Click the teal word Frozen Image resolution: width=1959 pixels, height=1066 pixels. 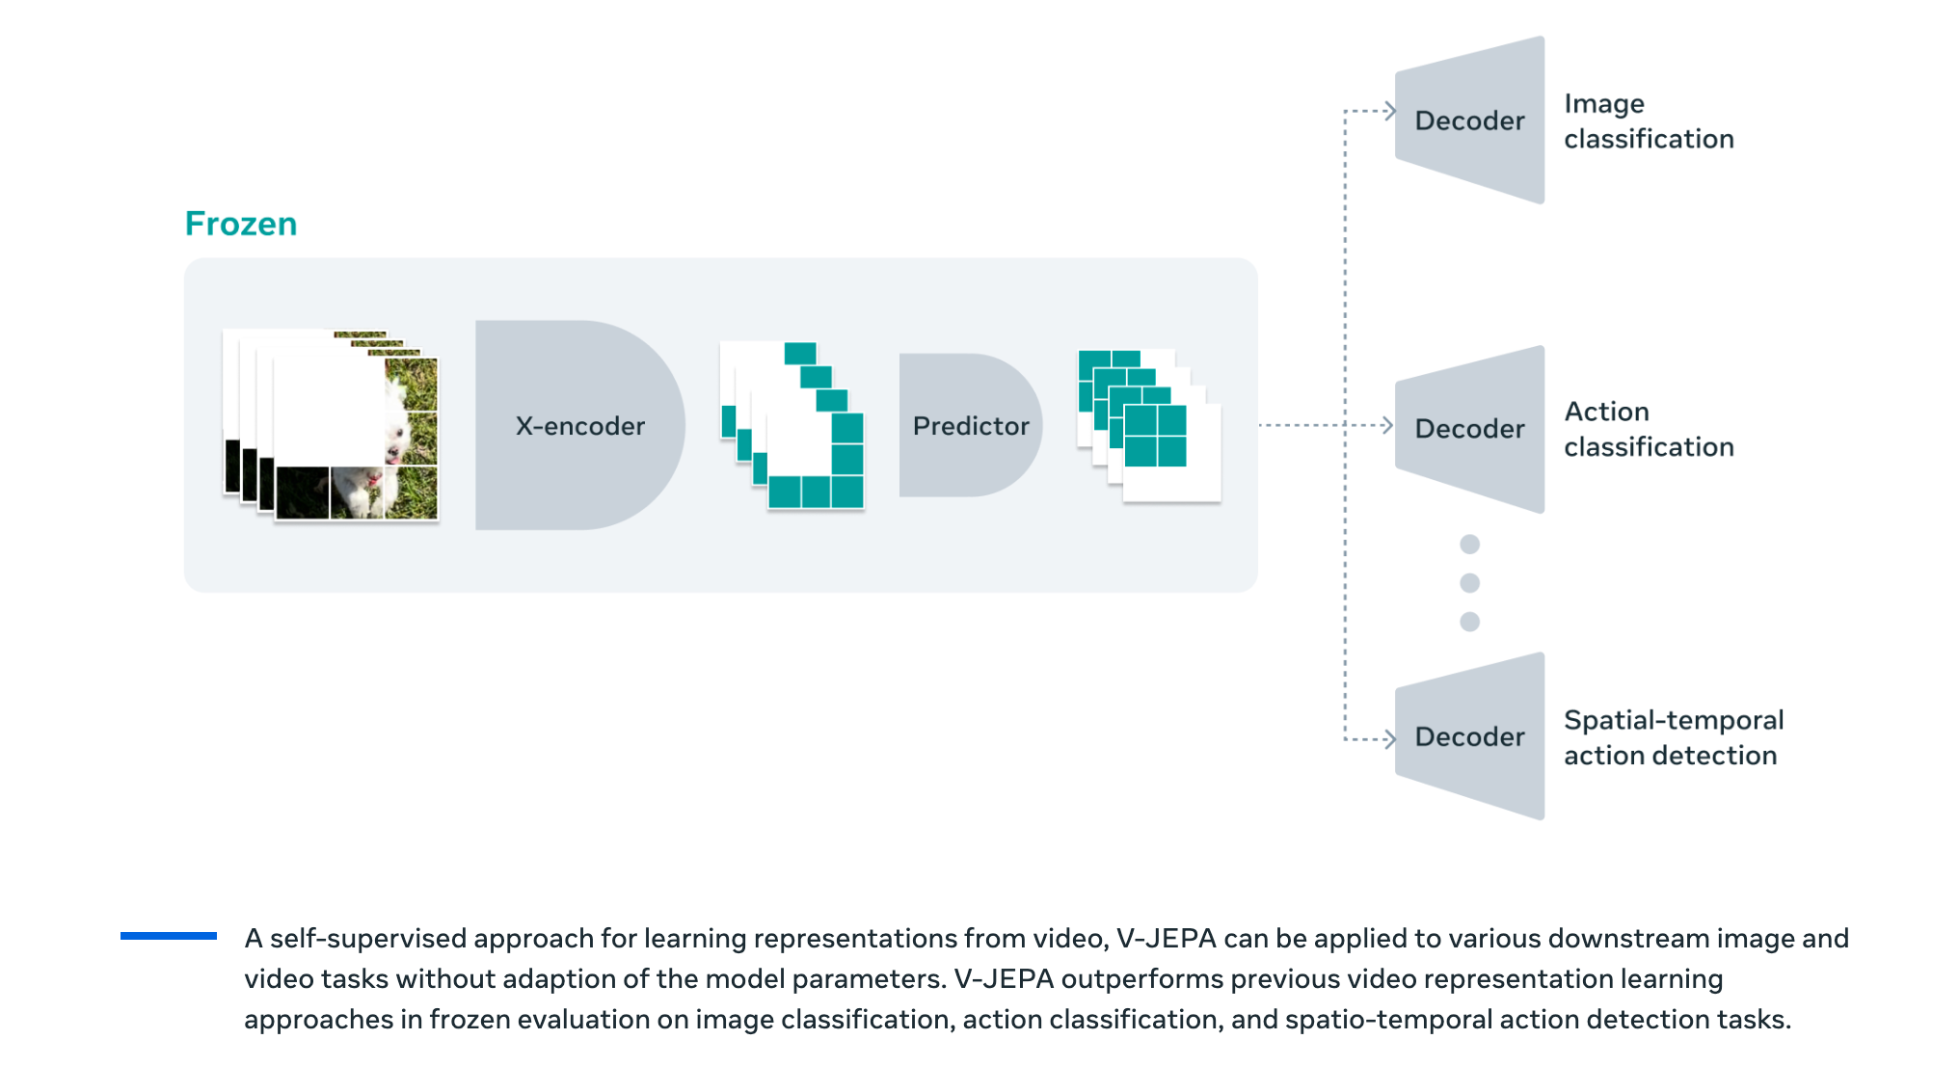click(241, 224)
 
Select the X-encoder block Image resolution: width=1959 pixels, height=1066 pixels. click(578, 425)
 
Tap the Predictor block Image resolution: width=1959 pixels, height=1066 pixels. click(970, 425)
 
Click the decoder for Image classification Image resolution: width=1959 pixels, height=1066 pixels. click(1469, 120)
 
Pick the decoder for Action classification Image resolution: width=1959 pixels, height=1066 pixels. click(1469, 428)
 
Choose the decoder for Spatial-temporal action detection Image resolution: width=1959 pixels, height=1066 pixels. click(1469, 736)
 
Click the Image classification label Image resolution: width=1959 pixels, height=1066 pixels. click(1648, 121)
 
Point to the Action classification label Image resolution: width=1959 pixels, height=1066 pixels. click(1648, 429)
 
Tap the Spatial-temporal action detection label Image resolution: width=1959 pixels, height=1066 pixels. click(1673, 737)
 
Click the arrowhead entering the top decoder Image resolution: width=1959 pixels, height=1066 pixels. click(1389, 111)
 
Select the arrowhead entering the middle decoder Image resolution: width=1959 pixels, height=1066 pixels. click(1387, 425)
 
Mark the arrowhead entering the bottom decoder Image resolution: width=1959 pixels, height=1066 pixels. click(1389, 739)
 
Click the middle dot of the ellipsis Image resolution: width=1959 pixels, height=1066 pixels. click(1469, 583)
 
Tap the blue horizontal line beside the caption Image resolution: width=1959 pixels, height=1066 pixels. click(169, 935)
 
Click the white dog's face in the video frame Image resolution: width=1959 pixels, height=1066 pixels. click(396, 424)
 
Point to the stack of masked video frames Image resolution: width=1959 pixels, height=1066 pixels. click(331, 425)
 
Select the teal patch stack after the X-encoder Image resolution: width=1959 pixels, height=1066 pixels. click(792, 425)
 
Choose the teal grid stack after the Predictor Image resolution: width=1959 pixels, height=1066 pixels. click(1148, 425)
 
